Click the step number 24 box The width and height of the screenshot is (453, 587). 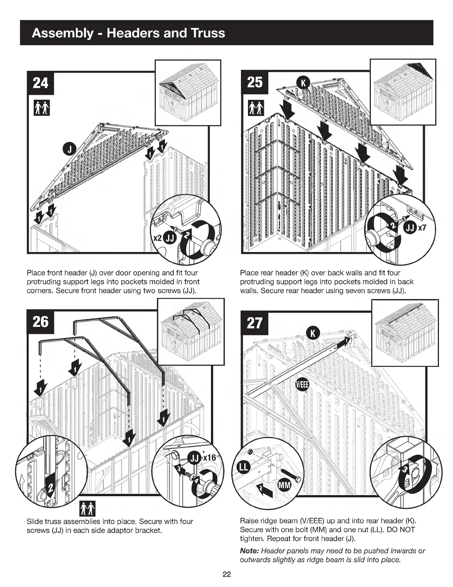(x=40, y=83)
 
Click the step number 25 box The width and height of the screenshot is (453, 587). (x=255, y=82)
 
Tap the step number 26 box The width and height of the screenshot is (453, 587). (x=40, y=322)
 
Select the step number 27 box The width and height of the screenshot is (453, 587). (x=255, y=323)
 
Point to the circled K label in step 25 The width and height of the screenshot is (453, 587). (x=303, y=83)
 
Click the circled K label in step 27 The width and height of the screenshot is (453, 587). (x=312, y=333)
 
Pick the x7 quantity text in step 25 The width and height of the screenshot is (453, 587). (x=422, y=228)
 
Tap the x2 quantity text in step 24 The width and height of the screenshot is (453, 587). (x=157, y=238)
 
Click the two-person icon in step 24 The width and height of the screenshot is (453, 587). (x=41, y=107)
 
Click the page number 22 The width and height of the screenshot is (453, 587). (x=226, y=574)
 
